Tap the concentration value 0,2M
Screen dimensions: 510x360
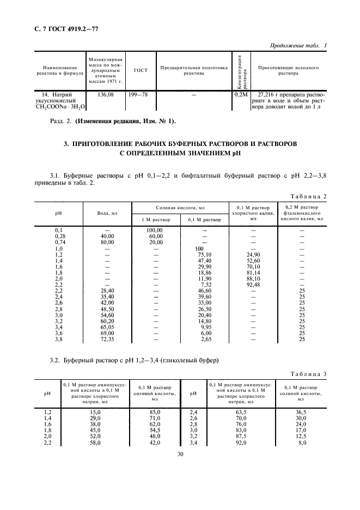click(x=240, y=94)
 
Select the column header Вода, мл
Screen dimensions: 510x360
click(x=107, y=214)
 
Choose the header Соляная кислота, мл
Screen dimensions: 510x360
click(x=180, y=208)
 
